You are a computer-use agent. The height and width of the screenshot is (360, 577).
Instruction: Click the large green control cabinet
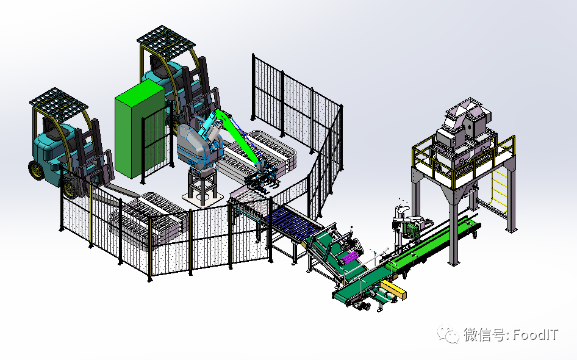[138, 129]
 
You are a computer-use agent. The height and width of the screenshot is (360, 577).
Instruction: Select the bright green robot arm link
[239, 136]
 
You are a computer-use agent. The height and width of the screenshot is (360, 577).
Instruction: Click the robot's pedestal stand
[202, 187]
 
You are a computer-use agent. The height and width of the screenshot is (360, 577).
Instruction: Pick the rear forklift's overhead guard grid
[166, 41]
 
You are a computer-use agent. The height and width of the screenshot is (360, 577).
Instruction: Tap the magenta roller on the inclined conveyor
[350, 257]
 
